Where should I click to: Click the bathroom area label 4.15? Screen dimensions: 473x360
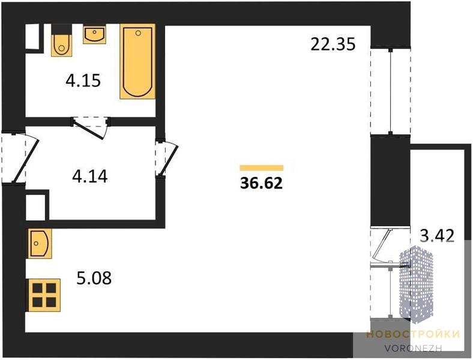83,81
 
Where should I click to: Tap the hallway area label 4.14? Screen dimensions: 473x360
90,176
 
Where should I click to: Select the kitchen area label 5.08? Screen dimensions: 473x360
94,278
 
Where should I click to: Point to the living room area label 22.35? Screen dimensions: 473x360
333,44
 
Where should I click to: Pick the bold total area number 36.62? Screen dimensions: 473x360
262,183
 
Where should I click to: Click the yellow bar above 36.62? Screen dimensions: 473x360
262,168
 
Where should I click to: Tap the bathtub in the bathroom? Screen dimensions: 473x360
137,62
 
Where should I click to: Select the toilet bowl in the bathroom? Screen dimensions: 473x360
62,45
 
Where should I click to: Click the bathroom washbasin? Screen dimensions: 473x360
94,34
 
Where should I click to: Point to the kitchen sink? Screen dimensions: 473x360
40,244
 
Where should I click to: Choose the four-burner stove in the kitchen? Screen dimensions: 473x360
44,295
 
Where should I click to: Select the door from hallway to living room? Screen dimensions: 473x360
167,158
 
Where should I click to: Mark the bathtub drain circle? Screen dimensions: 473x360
138,33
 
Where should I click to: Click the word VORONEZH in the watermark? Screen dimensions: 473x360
413,348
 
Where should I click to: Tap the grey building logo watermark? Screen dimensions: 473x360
417,284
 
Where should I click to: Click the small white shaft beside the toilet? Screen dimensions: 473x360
32,36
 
